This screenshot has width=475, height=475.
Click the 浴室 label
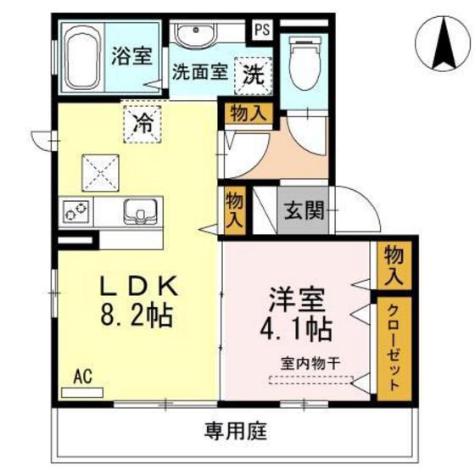click(131, 57)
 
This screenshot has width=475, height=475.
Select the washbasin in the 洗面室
click(196, 36)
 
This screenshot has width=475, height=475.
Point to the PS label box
click(261, 28)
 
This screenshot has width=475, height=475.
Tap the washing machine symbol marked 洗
click(254, 74)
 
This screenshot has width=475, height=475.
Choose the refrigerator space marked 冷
click(143, 121)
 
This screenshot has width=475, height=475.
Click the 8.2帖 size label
click(137, 317)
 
